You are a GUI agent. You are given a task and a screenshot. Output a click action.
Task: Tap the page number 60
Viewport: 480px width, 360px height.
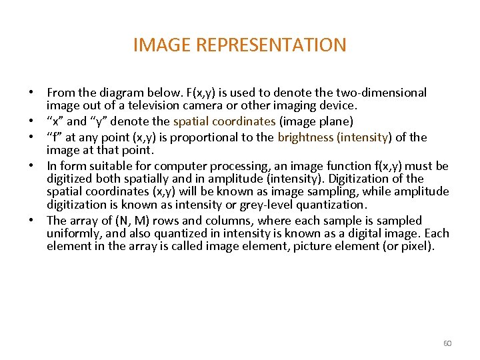pyautogui.click(x=447, y=343)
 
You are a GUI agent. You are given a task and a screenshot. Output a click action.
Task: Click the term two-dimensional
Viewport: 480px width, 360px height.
pyautogui.click(x=377, y=93)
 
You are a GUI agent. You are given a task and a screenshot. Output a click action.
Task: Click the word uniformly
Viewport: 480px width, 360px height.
pyautogui.click(x=73, y=233)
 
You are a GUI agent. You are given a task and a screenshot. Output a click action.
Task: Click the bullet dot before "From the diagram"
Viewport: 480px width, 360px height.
pyautogui.click(x=31, y=93)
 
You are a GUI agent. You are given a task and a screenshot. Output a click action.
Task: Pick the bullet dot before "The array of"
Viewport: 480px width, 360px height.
pyautogui.click(x=31, y=221)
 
